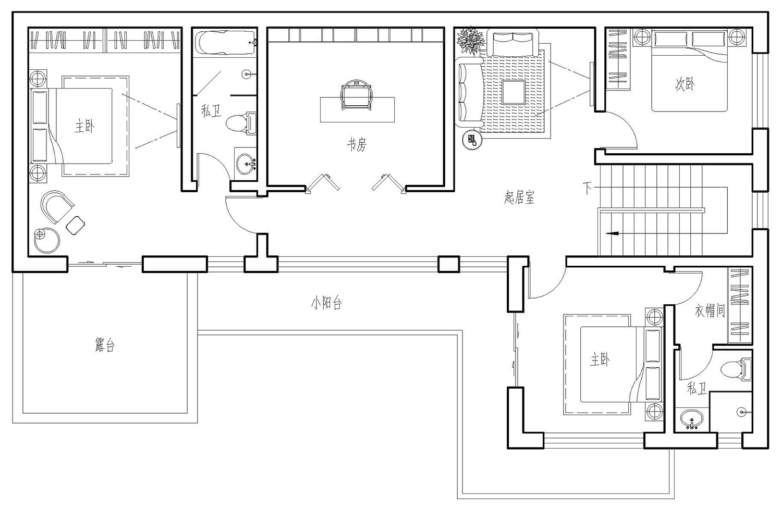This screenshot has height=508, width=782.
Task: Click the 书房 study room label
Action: (x=357, y=144)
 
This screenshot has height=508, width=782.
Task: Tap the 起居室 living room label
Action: (x=519, y=197)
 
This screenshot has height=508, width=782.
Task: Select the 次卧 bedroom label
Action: (x=685, y=84)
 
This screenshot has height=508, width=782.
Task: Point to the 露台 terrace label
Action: (x=105, y=345)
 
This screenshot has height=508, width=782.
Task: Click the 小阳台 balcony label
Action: (x=326, y=303)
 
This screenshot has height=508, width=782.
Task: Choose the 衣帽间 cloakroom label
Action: (x=710, y=310)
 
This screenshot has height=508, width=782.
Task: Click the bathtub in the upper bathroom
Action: (x=225, y=43)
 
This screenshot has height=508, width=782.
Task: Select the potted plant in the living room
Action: (x=471, y=41)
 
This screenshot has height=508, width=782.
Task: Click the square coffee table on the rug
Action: (x=513, y=92)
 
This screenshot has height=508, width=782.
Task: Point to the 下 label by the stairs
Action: (x=587, y=189)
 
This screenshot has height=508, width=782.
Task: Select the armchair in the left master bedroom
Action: (x=56, y=206)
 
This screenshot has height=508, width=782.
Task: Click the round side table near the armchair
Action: (x=47, y=240)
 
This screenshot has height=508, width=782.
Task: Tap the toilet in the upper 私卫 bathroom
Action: (x=241, y=123)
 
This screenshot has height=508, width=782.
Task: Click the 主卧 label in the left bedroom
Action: (x=84, y=126)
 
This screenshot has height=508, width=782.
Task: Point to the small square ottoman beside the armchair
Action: (x=76, y=226)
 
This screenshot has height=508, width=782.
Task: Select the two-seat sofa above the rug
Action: (x=512, y=43)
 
